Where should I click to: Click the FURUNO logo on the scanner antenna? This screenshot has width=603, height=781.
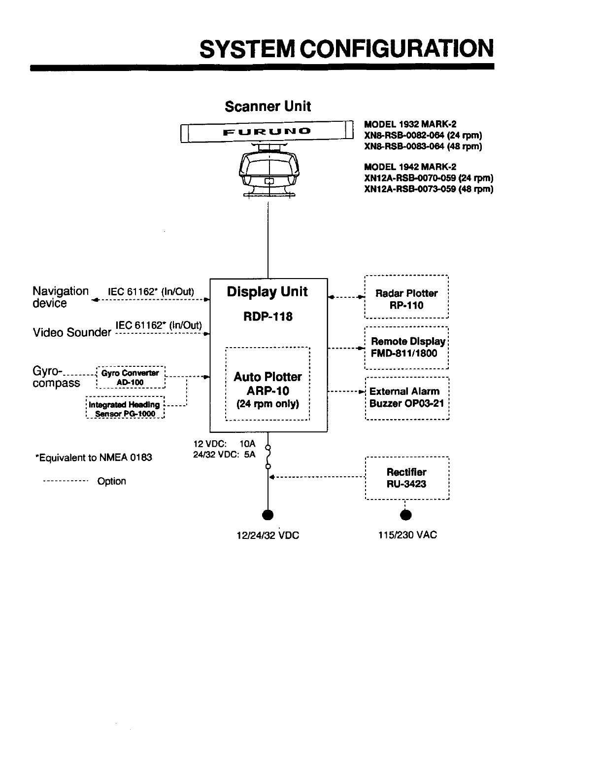[x=267, y=132]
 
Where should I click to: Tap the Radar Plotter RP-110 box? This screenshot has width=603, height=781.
[x=406, y=299]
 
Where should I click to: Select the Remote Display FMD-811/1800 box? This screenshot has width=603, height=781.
[x=406, y=347]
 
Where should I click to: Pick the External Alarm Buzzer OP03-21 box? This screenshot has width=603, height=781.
[x=407, y=397]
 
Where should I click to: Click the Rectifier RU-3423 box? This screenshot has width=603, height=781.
[x=407, y=478]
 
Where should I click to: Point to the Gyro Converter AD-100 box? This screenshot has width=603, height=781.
[x=130, y=378]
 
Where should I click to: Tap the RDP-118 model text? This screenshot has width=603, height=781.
[x=268, y=317]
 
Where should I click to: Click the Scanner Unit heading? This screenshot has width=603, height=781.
[x=268, y=106]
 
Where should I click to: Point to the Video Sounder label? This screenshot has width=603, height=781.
[x=72, y=332]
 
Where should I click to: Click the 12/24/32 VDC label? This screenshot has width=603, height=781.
[x=268, y=535]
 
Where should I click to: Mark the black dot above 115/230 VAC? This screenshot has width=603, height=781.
[x=406, y=515]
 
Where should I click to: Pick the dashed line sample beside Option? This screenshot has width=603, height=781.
[x=66, y=481]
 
